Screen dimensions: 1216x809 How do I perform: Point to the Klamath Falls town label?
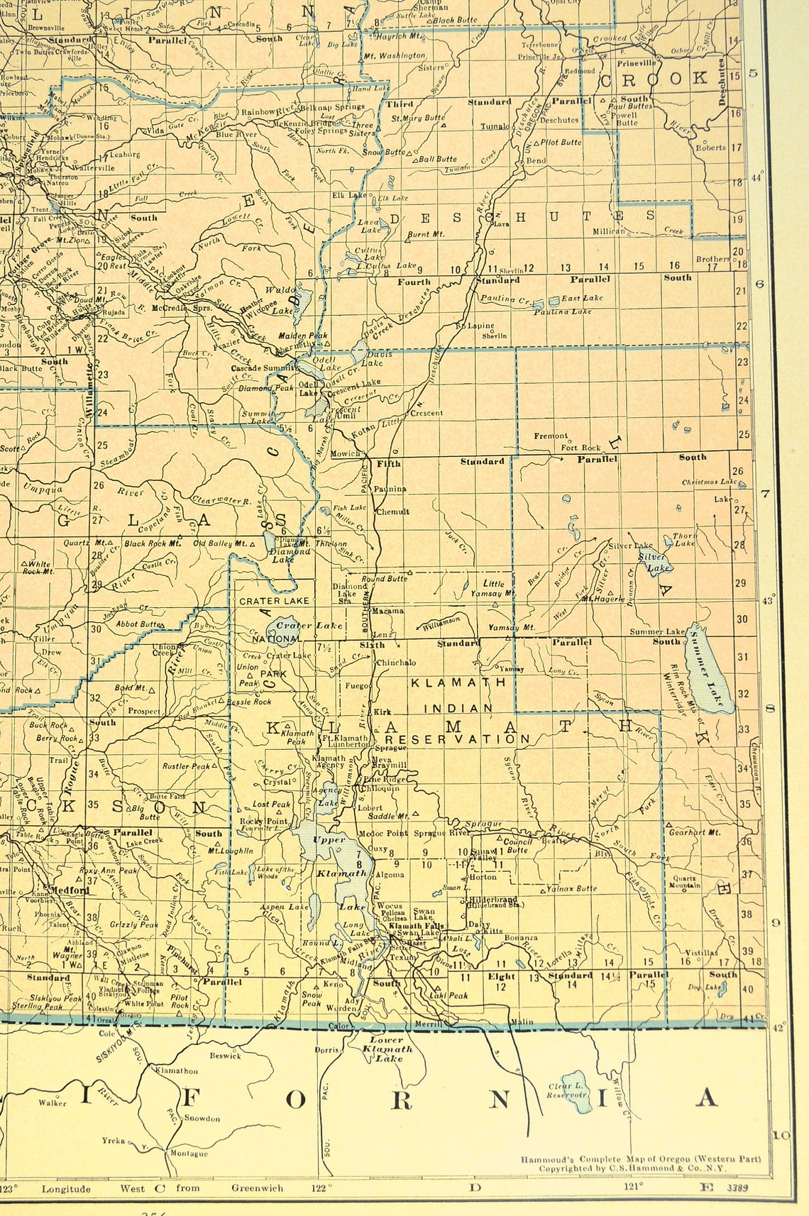[416, 927]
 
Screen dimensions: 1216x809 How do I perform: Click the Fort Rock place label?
[580, 448]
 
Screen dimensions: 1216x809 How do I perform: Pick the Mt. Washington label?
[395, 55]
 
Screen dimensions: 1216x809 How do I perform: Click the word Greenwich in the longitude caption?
[256, 1188]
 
